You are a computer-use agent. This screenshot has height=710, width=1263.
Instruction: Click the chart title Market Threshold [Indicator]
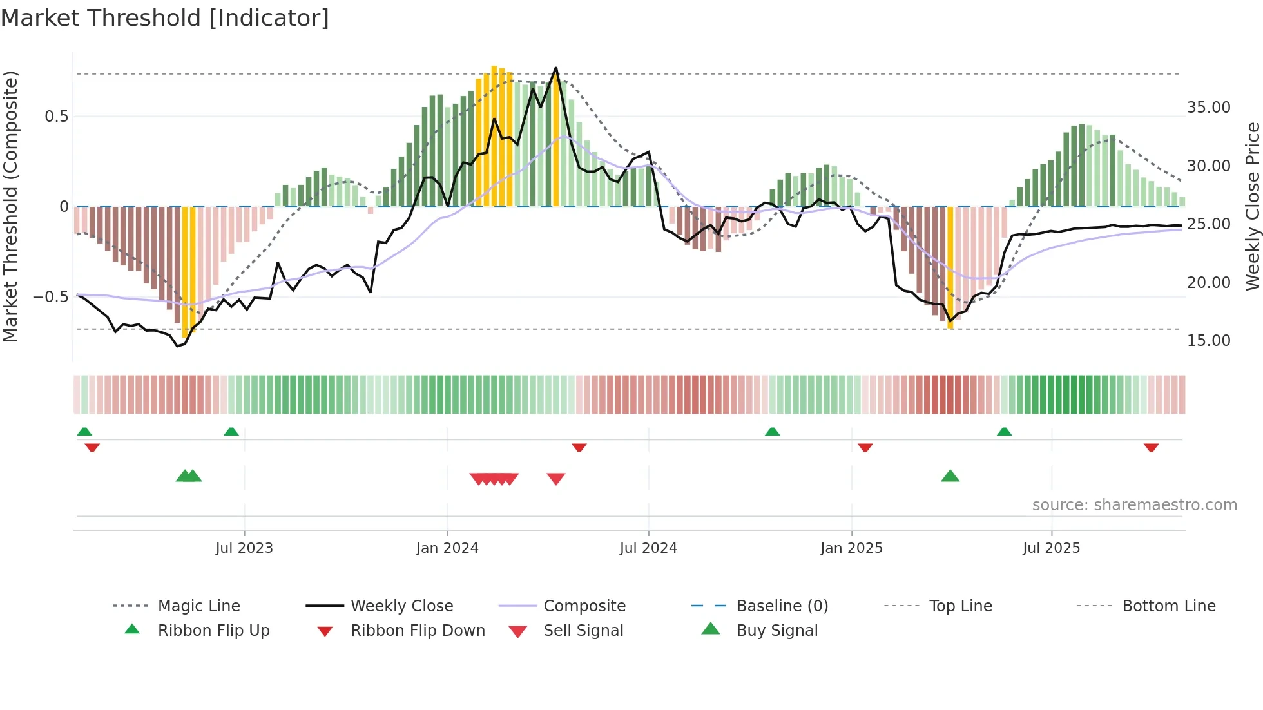point(165,18)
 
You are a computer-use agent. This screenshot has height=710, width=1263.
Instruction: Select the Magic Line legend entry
point(198,606)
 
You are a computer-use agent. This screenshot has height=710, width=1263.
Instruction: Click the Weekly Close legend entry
point(401,606)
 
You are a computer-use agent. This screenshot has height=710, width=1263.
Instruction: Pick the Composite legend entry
point(584,606)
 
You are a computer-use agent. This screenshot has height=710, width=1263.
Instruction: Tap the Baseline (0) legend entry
point(782,606)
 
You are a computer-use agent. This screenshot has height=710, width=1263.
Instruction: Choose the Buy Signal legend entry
point(776,630)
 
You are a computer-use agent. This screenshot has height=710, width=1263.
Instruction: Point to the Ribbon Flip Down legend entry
point(417,630)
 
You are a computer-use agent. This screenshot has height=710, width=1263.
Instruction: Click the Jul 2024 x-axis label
point(648,548)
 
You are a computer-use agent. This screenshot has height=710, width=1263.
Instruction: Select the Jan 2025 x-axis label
point(851,548)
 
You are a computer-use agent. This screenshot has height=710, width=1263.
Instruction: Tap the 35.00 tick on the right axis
point(1208,107)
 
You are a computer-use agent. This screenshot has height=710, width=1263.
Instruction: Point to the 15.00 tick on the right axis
point(1208,340)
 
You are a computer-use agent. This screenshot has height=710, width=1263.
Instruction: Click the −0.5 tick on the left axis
point(50,296)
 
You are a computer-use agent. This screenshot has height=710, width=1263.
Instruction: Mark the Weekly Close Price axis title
point(1251,206)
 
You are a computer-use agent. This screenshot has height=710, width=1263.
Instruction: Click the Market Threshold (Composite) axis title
point(10,206)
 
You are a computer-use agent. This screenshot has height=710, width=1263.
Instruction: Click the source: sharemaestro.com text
point(1134,504)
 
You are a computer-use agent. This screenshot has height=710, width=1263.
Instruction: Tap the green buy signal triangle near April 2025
point(950,476)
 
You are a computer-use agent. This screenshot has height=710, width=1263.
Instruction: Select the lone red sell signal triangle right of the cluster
point(555,479)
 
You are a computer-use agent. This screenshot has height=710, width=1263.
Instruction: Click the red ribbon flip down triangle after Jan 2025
point(865,447)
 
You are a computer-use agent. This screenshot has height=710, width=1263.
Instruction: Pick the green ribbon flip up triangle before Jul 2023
point(231,431)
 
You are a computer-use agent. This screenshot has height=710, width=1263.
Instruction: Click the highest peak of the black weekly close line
point(555,68)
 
